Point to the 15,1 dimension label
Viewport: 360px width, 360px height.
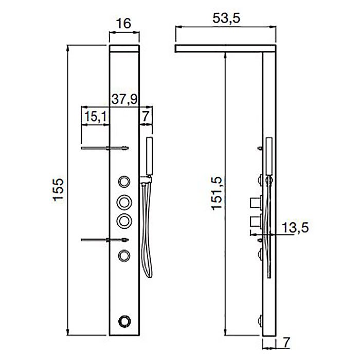pyautogui.click(x=95, y=117)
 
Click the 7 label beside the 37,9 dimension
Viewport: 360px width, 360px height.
pyautogui.click(x=146, y=117)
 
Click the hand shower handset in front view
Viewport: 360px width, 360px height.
pyautogui.click(x=150, y=157)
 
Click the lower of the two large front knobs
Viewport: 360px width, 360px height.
pyautogui.click(x=124, y=220)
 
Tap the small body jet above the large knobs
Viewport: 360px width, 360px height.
pyautogui.click(x=124, y=181)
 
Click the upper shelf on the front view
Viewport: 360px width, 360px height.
pyautogui.click(x=105, y=149)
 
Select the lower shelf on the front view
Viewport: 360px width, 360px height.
pyautogui.click(x=105, y=240)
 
